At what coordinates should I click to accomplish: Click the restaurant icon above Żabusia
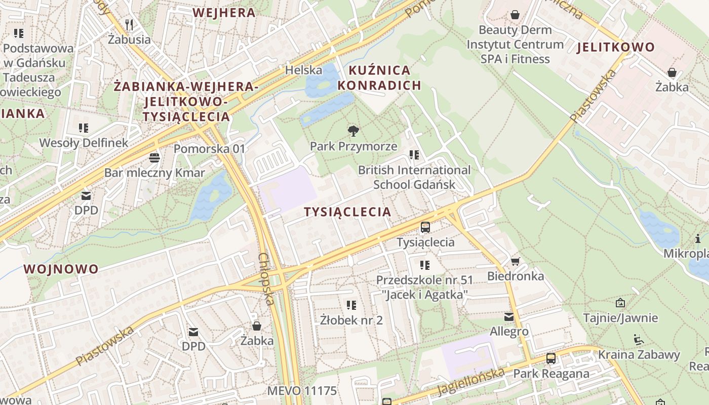(129, 24)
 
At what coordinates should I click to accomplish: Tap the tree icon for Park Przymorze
(353, 131)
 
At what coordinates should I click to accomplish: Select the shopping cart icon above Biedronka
(515, 261)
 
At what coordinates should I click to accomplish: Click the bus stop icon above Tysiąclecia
(425, 227)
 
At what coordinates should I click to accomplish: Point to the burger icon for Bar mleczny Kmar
(154, 158)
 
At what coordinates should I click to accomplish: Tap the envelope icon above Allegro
(509, 317)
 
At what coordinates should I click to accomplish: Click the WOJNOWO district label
(61, 269)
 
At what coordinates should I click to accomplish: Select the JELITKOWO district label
(615, 48)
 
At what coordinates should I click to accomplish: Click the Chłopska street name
(266, 279)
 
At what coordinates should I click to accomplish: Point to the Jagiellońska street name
(471, 382)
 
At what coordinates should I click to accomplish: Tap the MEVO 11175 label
(302, 391)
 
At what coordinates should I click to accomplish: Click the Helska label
(304, 70)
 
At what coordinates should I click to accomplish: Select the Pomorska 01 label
(209, 149)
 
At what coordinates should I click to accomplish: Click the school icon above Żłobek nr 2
(351, 305)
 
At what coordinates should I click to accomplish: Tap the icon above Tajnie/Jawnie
(620, 303)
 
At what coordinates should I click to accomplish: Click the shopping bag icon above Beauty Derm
(515, 15)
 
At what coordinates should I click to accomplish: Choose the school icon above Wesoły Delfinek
(84, 128)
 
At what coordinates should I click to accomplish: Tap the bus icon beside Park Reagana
(551, 359)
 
